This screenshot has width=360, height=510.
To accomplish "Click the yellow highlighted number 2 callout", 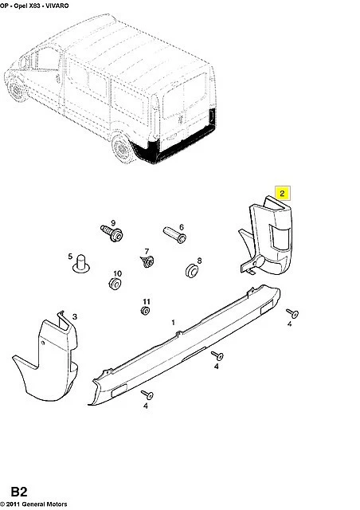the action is tap(282, 193).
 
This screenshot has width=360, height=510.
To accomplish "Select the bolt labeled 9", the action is tap(112, 233).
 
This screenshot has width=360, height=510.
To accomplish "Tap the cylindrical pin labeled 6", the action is tap(174, 235).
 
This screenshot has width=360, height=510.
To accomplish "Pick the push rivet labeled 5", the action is tap(80, 264).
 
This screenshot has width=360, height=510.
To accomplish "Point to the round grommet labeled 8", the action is tap(192, 271).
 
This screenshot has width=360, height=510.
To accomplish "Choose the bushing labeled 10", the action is tap(115, 284).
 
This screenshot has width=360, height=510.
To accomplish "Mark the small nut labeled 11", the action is tap(146, 311).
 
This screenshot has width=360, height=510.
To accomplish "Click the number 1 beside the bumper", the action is tap(174, 322).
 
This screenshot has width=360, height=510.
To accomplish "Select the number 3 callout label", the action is tap(75, 316).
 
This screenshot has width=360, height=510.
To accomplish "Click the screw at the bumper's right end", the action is tap(292, 313).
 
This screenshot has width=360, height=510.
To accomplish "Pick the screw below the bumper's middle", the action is tap(217, 356).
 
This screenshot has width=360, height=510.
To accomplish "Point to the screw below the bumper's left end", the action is tap(147, 395).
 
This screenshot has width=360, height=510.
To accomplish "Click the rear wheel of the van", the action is tap(123, 148).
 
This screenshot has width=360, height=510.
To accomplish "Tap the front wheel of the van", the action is tap(16, 88).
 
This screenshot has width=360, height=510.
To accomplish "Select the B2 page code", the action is tap(19, 492).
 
